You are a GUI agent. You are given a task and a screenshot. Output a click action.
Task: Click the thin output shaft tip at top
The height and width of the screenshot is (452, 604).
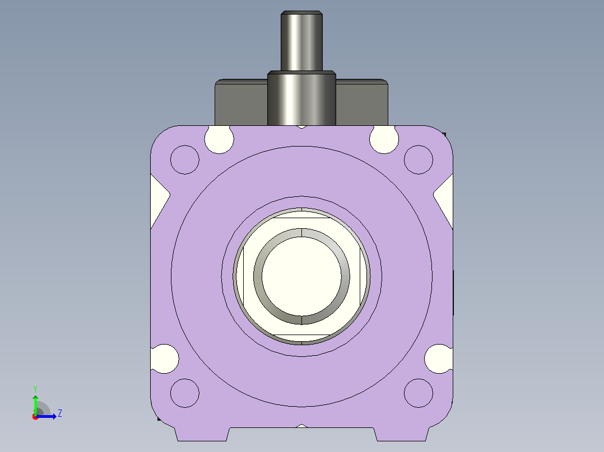click(x=301, y=41)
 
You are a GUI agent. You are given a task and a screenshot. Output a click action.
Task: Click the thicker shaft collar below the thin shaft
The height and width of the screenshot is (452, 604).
click(x=301, y=98)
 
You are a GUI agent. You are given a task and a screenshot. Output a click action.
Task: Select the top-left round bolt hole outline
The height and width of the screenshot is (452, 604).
click(x=185, y=159)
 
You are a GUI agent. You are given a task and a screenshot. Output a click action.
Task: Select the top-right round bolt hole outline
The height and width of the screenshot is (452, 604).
click(x=419, y=159)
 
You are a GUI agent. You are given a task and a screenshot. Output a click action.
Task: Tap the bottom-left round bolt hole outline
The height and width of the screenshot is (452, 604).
click(x=185, y=393)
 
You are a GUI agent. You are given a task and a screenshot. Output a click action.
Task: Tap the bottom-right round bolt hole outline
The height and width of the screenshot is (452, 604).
click(x=419, y=393)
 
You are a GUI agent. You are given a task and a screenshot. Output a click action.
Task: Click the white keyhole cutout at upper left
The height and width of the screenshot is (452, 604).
click(x=219, y=139)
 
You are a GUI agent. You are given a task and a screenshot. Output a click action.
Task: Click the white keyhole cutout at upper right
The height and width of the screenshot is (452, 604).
click(x=384, y=139)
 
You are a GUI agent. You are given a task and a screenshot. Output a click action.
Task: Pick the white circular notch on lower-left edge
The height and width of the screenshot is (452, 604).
click(x=165, y=359)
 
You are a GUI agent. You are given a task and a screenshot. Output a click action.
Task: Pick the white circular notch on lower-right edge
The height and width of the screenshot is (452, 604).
click(x=439, y=359)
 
